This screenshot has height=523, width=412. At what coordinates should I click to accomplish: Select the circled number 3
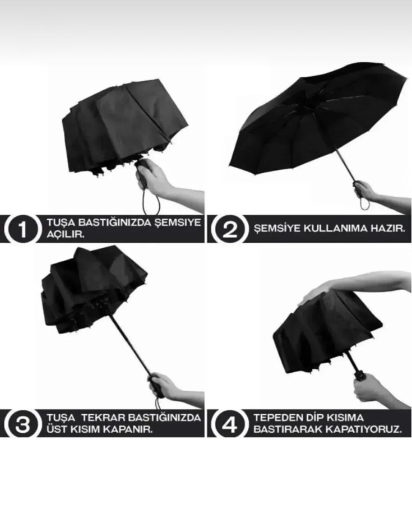(21, 424)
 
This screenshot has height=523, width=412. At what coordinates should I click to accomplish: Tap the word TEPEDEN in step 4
(276, 418)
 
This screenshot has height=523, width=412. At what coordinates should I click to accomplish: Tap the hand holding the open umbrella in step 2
(364, 190)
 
